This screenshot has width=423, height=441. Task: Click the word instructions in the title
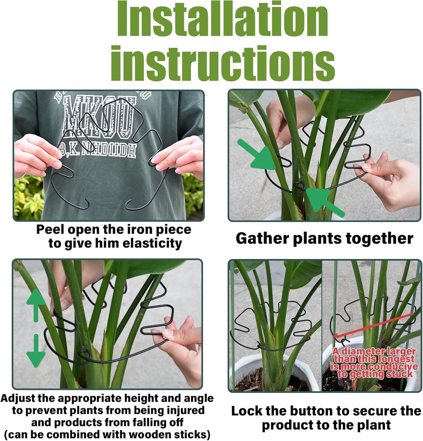[x=222, y=62]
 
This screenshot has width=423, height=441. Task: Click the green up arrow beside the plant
[x=36, y=304]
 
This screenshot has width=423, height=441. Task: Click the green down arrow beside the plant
[x=36, y=351]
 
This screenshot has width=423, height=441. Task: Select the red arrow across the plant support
[x=373, y=325]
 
